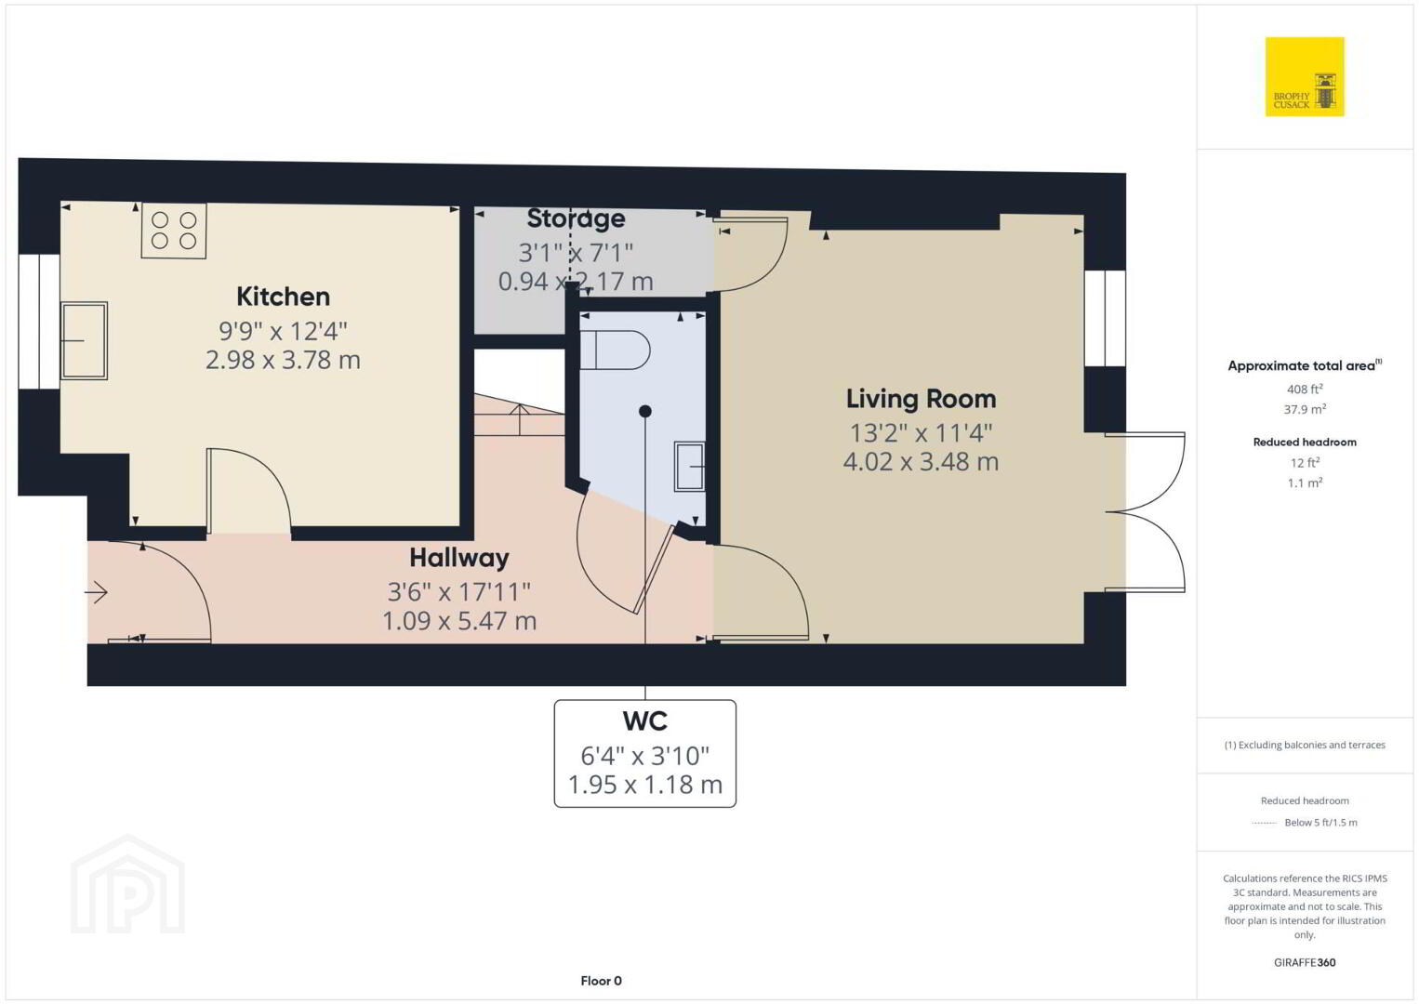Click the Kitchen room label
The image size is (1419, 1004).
[284, 297]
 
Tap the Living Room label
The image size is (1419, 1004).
[922, 399]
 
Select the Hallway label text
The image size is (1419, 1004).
[459, 558]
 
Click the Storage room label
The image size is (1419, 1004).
[576, 218]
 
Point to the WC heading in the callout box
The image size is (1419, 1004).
[645, 720]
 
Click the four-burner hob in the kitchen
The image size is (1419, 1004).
[174, 231]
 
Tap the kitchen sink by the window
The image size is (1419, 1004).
[84, 340]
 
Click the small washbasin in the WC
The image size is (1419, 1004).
[689, 467]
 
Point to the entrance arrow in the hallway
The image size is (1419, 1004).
[97, 592]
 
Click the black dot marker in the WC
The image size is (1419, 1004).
[645, 411]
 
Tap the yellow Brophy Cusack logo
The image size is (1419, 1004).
[1305, 76]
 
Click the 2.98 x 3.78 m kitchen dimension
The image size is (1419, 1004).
[284, 360]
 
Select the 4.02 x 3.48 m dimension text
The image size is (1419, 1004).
[922, 462]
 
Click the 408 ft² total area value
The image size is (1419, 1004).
[1305, 389]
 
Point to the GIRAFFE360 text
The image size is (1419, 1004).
[1305, 962]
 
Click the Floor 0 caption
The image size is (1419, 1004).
[602, 981]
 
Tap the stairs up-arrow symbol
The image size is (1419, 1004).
[520, 419]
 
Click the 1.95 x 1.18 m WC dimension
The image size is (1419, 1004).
[645, 785]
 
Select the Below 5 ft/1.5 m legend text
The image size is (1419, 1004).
[1320, 822]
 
